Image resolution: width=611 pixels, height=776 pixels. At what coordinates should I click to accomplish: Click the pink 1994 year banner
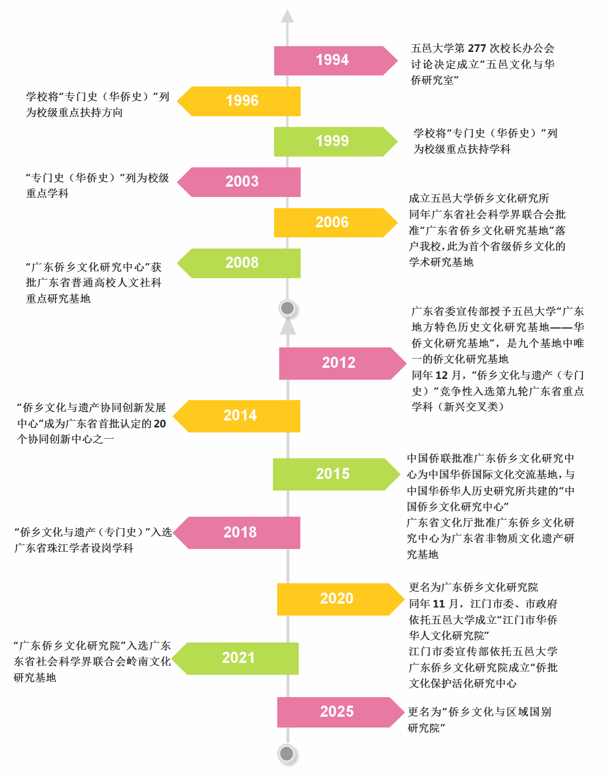point(336,60)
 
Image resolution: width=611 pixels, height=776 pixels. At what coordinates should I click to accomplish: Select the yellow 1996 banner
point(239,101)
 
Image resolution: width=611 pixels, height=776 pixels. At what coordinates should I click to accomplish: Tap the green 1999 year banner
point(336,142)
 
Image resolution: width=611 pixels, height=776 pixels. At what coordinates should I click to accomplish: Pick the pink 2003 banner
point(239,182)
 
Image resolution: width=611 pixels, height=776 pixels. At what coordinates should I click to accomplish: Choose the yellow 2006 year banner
point(336,223)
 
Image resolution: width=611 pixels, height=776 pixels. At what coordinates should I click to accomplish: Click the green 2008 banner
point(239,263)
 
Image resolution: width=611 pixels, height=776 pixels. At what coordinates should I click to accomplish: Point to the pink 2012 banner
point(342,364)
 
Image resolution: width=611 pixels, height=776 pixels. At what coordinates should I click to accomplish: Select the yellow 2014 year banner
point(237,416)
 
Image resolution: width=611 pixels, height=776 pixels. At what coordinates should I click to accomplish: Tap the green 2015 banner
point(337,474)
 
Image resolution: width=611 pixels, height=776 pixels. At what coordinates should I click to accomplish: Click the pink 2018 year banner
point(237,533)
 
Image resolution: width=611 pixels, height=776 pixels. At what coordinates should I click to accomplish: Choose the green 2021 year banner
point(235,659)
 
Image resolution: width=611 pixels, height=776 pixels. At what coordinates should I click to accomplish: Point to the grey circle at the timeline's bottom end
point(287,753)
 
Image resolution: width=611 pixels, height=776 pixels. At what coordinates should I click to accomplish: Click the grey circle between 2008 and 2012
point(287,308)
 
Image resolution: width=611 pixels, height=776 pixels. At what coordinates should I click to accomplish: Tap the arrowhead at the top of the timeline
point(287,16)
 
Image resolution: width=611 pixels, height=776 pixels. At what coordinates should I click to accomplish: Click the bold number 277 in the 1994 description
point(477,48)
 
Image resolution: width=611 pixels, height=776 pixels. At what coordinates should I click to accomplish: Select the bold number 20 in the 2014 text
point(160,424)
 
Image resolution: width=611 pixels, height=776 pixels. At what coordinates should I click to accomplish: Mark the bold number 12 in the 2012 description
point(441,375)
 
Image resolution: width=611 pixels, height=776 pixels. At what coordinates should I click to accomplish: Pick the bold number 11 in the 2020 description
point(439,604)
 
